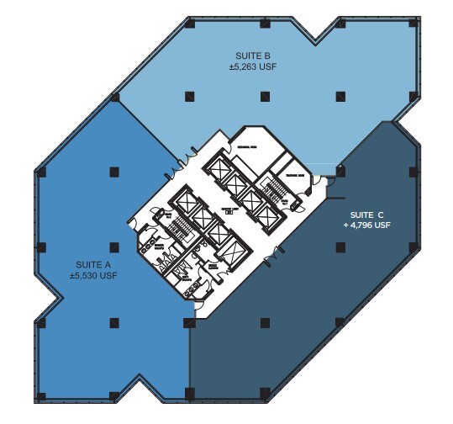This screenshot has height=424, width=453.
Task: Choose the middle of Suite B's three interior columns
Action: [264, 94]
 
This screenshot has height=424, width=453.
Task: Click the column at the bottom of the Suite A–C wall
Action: [188, 393]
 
